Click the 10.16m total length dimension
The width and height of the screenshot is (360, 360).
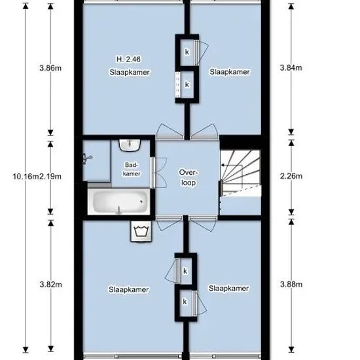[x=26, y=177]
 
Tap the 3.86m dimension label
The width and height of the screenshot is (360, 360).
[x=50, y=68]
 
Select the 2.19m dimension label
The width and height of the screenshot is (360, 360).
[x=50, y=177]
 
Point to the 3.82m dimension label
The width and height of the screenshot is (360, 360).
[x=51, y=285]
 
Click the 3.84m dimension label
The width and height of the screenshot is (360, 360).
[x=291, y=67]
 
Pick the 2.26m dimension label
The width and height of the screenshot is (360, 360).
[x=291, y=176]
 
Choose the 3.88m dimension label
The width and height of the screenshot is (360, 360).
[x=291, y=285]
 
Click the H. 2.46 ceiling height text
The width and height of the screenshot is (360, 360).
[x=128, y=59]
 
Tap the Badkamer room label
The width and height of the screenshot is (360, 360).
[x=132, y=170]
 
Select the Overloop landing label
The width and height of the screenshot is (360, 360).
[x=189, y=177]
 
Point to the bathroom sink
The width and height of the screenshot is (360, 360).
[x=130, y=145]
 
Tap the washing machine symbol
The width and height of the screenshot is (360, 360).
[x=141, y=232]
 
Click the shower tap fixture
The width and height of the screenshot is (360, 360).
[x=87, y=158]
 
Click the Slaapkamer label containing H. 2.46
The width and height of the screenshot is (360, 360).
[x=130, y=72]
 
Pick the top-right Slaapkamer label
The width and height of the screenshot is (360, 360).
[x=230, y=72]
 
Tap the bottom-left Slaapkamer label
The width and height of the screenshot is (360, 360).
[x=128, y=289]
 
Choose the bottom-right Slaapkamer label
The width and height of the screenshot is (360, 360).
[x=228, y=289]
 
